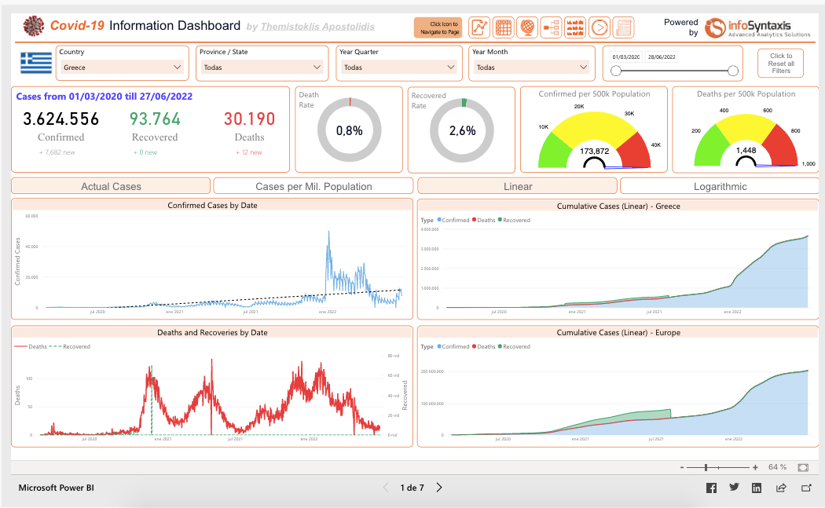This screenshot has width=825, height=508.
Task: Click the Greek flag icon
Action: point(36,63)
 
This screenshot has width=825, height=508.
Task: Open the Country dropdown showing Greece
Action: point(122,68)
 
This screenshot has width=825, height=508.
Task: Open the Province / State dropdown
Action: point(262,68)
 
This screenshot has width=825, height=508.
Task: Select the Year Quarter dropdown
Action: point(398,68)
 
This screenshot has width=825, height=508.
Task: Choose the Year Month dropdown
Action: point(530,68)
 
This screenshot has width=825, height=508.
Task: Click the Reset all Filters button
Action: point(780,63)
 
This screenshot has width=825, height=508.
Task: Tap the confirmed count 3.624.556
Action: point(61,119)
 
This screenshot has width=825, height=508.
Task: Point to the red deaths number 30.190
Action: point(249,119)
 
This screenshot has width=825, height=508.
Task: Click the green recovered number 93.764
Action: point(155,119)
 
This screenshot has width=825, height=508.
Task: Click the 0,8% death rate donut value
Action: point(349,131)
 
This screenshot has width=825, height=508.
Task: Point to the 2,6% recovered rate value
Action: point(462,131)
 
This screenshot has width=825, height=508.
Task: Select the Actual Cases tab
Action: point(111,186)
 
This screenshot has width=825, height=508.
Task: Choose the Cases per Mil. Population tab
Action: point(313,186)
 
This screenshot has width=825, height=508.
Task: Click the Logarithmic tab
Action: point(720,186)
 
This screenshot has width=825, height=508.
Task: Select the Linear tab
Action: point(517,186)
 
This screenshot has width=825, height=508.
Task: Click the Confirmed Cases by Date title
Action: point(212,205)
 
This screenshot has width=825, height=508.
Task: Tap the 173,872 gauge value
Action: point(594,151)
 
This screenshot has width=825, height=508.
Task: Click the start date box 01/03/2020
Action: point(626,57)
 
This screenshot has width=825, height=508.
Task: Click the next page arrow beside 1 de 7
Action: point(439,488)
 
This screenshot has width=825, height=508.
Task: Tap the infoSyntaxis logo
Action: point(757,28)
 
